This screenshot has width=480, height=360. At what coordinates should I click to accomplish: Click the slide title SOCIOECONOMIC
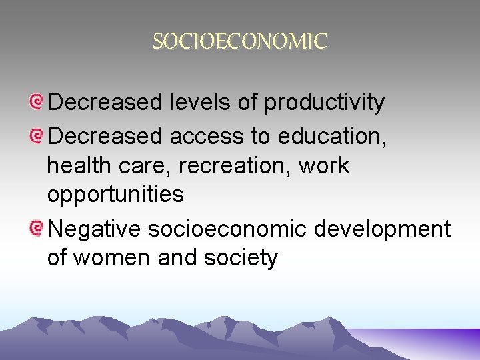click(240, 42)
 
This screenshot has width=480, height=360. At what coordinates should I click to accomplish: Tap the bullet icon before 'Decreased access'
click(37, 136)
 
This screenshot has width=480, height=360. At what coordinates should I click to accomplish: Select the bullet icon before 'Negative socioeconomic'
click(37, 229)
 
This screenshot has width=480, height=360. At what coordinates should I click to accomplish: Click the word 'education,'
click(331, 136)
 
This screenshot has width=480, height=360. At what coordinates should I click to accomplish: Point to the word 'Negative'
click(95, 229)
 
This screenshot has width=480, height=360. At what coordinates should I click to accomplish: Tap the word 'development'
click(382, 229)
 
